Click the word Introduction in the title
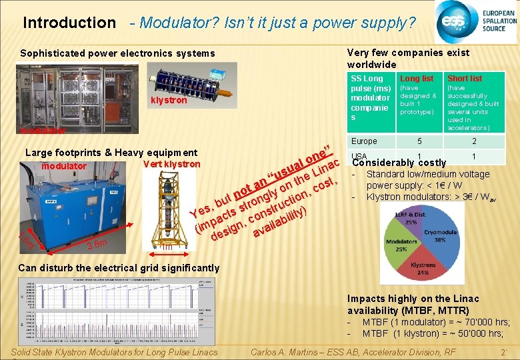click(x=69, y=23)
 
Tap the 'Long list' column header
click(x=417, y=79)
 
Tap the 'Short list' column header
click(x=465, y=79)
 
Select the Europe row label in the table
click(x=364, y=141)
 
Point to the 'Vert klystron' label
click(x=172, y=165)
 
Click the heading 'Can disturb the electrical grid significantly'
click(x=119, y=268)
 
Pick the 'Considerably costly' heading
click(x=399, y=163)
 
